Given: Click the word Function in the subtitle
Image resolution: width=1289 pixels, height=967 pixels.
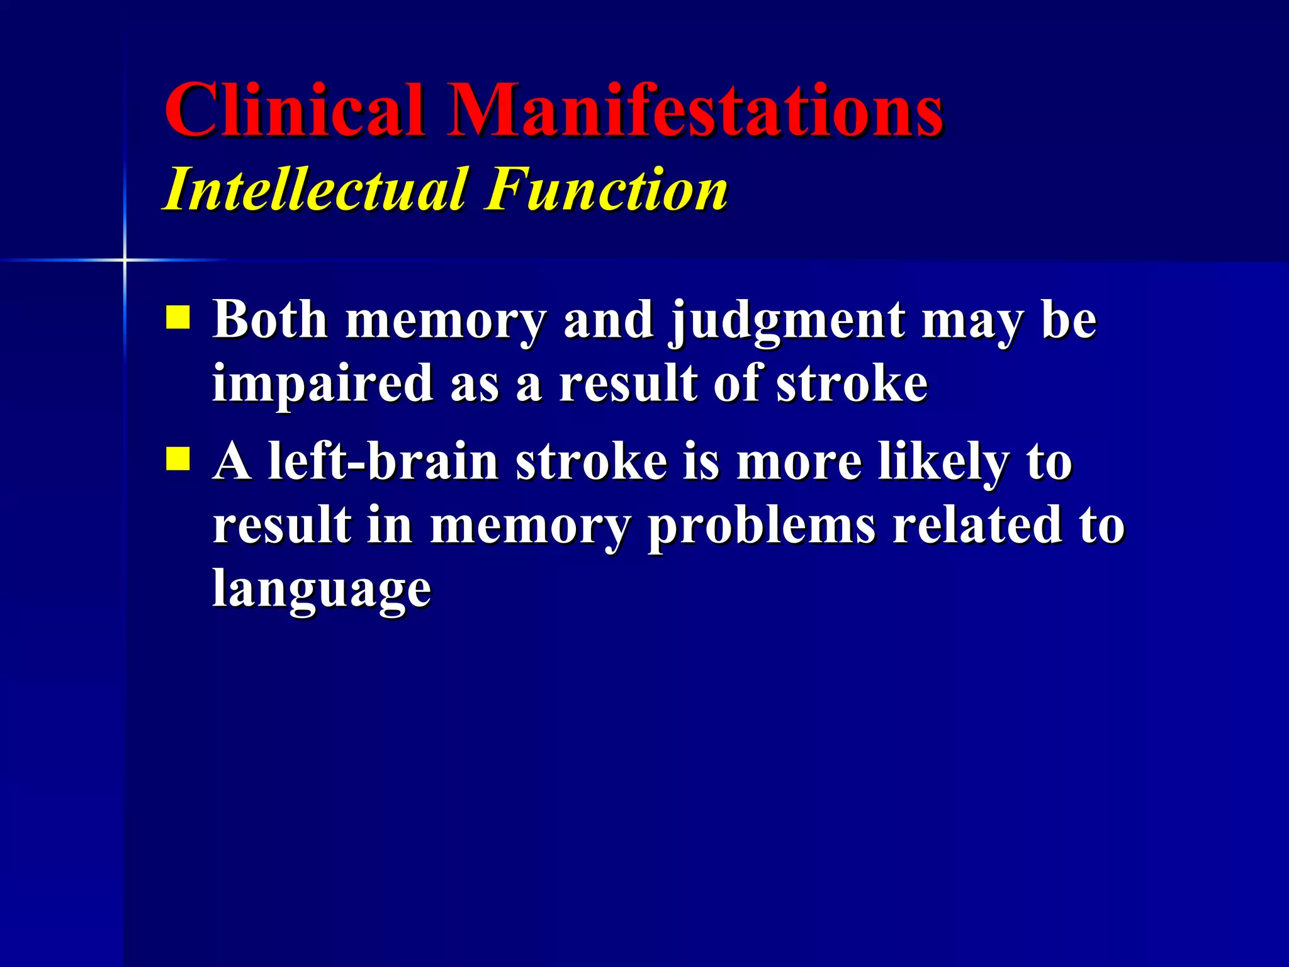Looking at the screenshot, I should click(607, 189).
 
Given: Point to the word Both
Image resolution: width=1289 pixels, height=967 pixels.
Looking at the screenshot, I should click(270, 320).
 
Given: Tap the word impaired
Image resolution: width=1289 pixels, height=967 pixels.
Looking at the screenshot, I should click(323, 384).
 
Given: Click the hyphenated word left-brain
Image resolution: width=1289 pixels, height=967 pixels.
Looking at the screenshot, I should click(383, 461).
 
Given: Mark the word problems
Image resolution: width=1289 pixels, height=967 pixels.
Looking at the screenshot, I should click(762, 527).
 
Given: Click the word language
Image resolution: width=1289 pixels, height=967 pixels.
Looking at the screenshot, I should click(322, 590).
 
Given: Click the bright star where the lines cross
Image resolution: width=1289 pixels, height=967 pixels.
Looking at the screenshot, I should click(125, 259).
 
